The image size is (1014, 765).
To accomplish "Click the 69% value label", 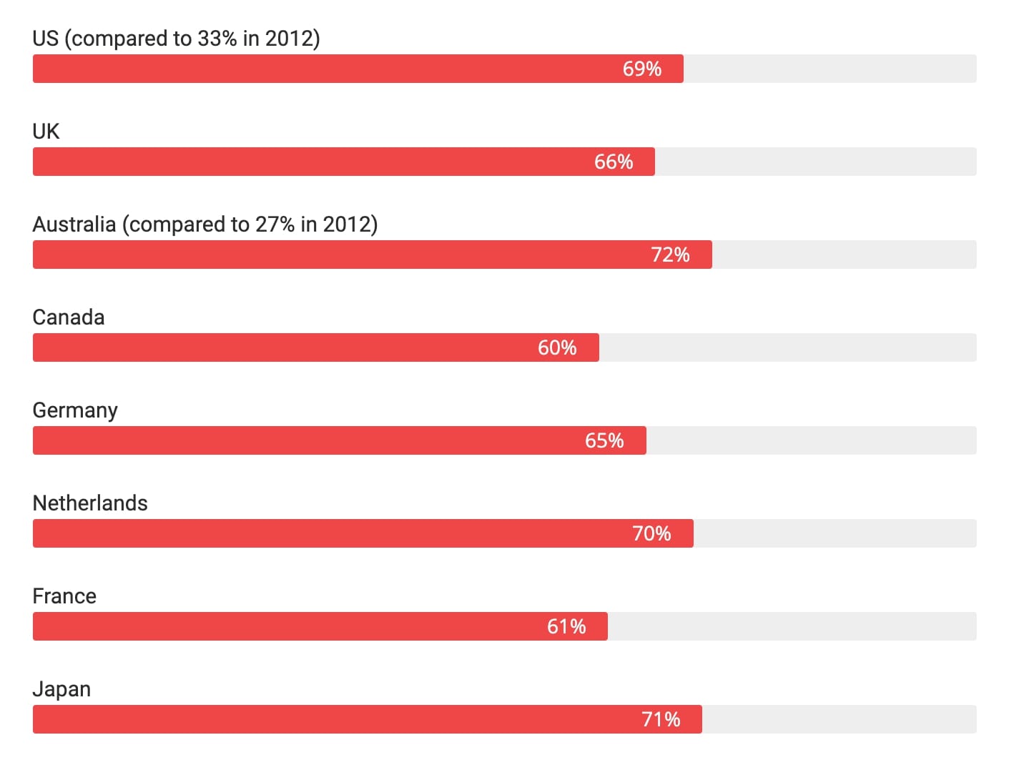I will [641, 69].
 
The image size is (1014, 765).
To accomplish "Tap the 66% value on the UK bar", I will [614, 162].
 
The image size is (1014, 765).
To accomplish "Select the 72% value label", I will [670, 255].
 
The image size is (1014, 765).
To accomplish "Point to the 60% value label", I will [557, 347].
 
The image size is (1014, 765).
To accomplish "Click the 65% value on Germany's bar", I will [604, 440].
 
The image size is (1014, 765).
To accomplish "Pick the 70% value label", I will [651, 533].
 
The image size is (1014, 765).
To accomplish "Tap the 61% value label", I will [566, 626].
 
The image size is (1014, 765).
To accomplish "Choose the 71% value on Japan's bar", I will [661, 719].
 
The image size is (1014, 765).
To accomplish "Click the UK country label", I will [46, 132].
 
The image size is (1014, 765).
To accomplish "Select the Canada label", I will [69, 317].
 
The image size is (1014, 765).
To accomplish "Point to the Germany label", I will [75, 410].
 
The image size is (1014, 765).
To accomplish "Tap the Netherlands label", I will [90, 503].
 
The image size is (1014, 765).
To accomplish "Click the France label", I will [64, 596].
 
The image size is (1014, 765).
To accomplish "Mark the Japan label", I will [61, 689].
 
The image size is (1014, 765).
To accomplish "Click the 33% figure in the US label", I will [217, 39].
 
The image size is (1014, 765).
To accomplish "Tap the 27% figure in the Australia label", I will [275, 224].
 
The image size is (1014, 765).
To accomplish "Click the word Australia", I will [74, 224].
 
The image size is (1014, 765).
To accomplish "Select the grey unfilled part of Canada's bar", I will [787, 347].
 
